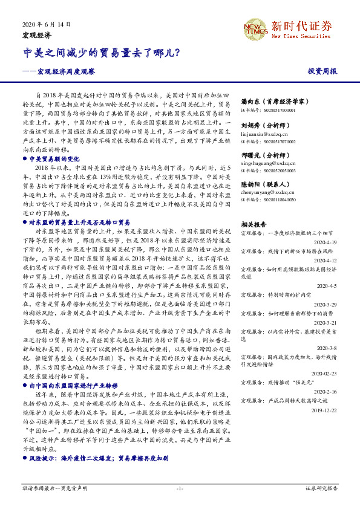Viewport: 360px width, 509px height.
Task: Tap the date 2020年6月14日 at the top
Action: click(46, 24)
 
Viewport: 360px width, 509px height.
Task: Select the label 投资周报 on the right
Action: click(322, 71)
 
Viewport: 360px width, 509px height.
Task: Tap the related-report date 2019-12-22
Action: click(323, 409)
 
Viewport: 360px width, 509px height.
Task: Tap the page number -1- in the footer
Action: click(180, 488)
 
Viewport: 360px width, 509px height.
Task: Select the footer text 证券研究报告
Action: click(321, 488)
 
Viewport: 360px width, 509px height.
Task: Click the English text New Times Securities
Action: click(300, 36)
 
